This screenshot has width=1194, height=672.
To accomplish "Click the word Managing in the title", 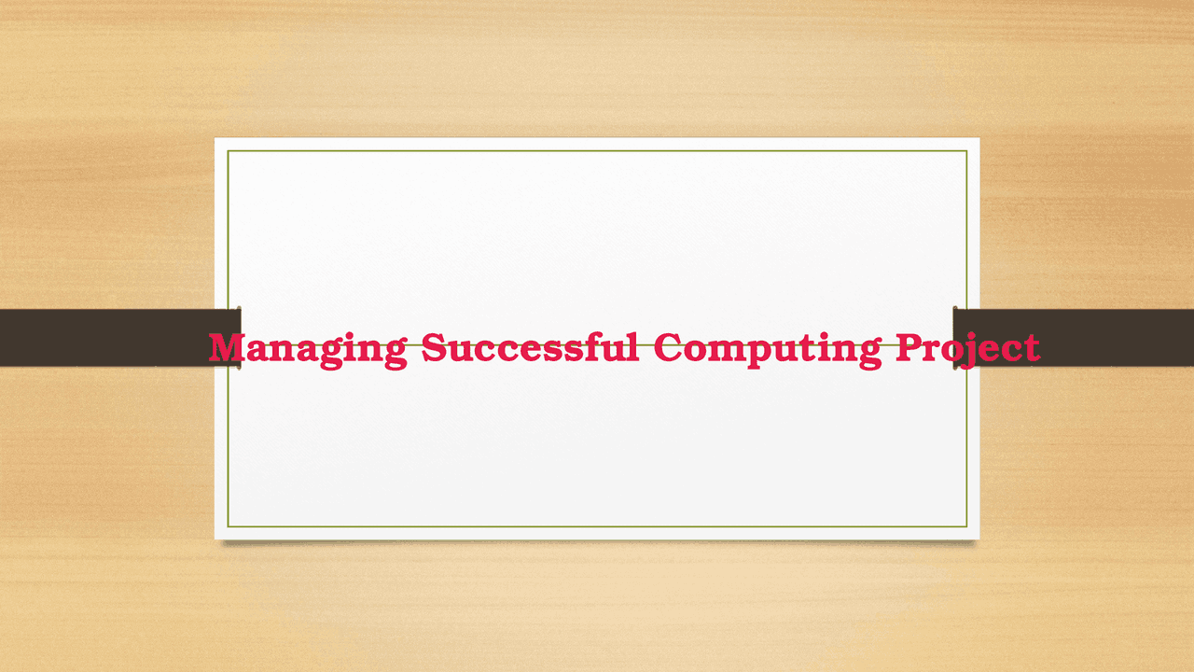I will [x=307, y=348].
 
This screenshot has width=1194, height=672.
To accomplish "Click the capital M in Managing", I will [x=229, y=347].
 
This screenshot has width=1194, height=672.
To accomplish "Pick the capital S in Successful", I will [x=433, y=347].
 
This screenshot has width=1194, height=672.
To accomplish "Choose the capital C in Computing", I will [x=667, y=347].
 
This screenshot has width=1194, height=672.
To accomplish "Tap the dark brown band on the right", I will [x=1119, y=337].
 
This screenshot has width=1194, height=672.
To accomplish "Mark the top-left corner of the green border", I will [x=228, y=150].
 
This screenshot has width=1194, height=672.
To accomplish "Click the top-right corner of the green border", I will [x=966, y=150].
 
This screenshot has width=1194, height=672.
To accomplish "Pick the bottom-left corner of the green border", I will [x=228, y=527].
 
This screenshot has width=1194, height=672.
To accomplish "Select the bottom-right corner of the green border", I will [x=966, y=527].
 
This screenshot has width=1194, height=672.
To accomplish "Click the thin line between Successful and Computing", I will [x=646, y=344].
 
